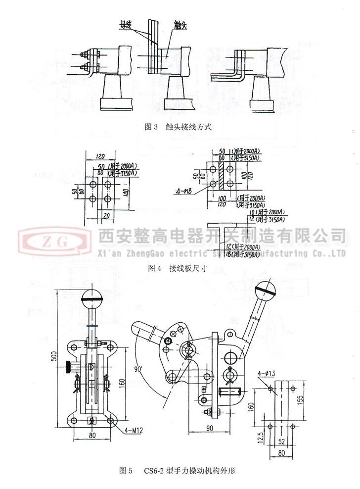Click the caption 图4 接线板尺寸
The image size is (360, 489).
(x=178, y=269)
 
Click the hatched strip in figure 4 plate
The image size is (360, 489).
(x=222, y=175)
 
